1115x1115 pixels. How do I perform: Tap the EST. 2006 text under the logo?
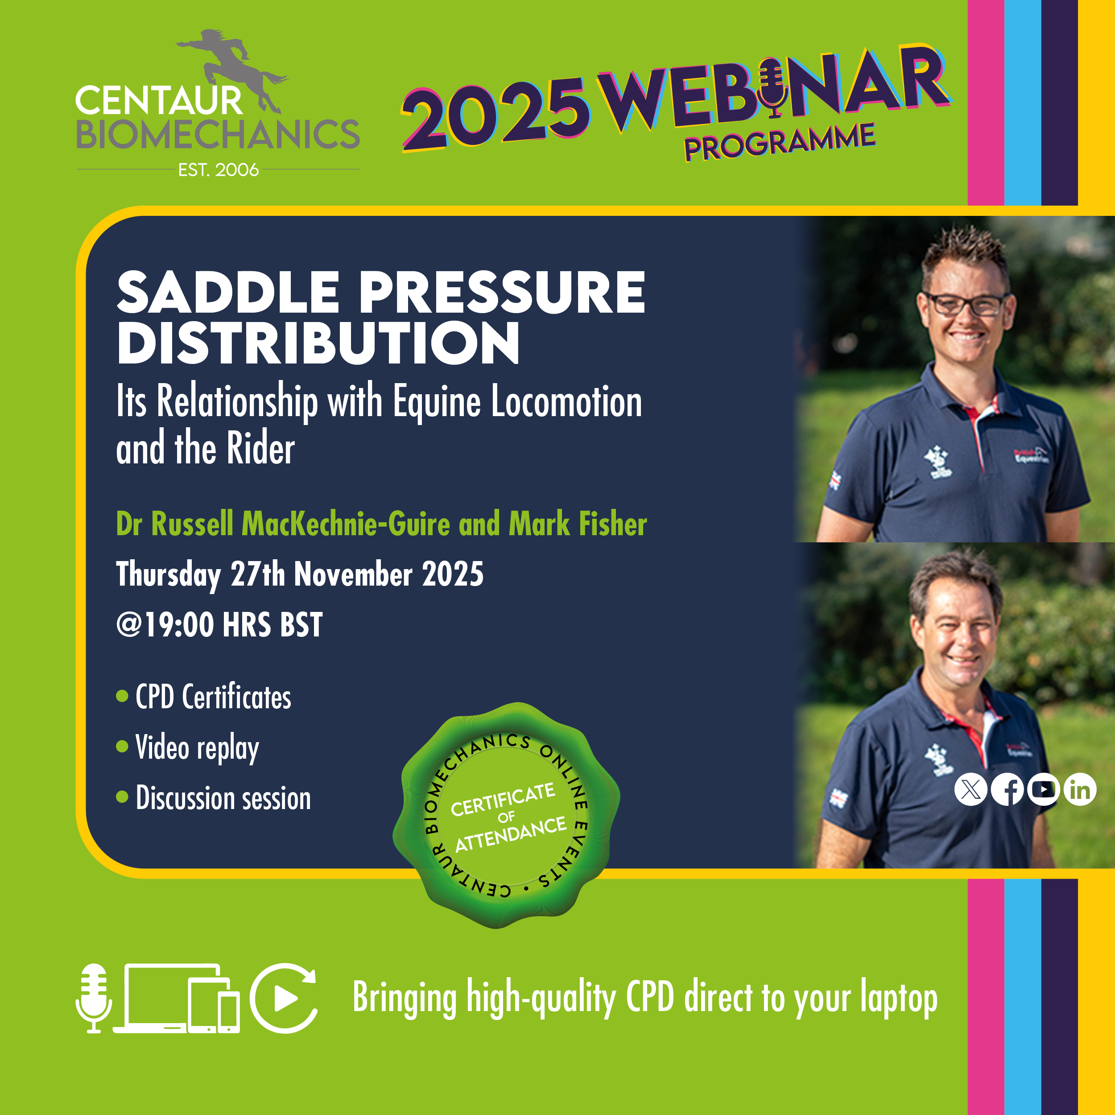click(x=218, y=169)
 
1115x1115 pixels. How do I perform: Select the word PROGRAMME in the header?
click(x=780, y=141)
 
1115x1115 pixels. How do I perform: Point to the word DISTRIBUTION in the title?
click(x=318, y=343)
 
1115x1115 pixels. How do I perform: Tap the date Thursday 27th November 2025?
click(x=300, y=575)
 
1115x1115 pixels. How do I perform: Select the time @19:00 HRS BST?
click(x=219, y=625)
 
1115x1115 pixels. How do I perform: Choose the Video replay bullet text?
click(x=197, y=748)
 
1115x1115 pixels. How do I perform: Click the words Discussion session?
click(x=223, y=798)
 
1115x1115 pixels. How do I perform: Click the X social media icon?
click(x=971, y=789)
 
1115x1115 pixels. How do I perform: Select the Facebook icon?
click(x=1007, y=789)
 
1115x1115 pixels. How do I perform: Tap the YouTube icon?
click(x=1044, y=789)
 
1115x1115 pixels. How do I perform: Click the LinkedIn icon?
click(x=1080, y=789)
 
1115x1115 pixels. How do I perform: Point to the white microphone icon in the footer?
click(x=94, y=998)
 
